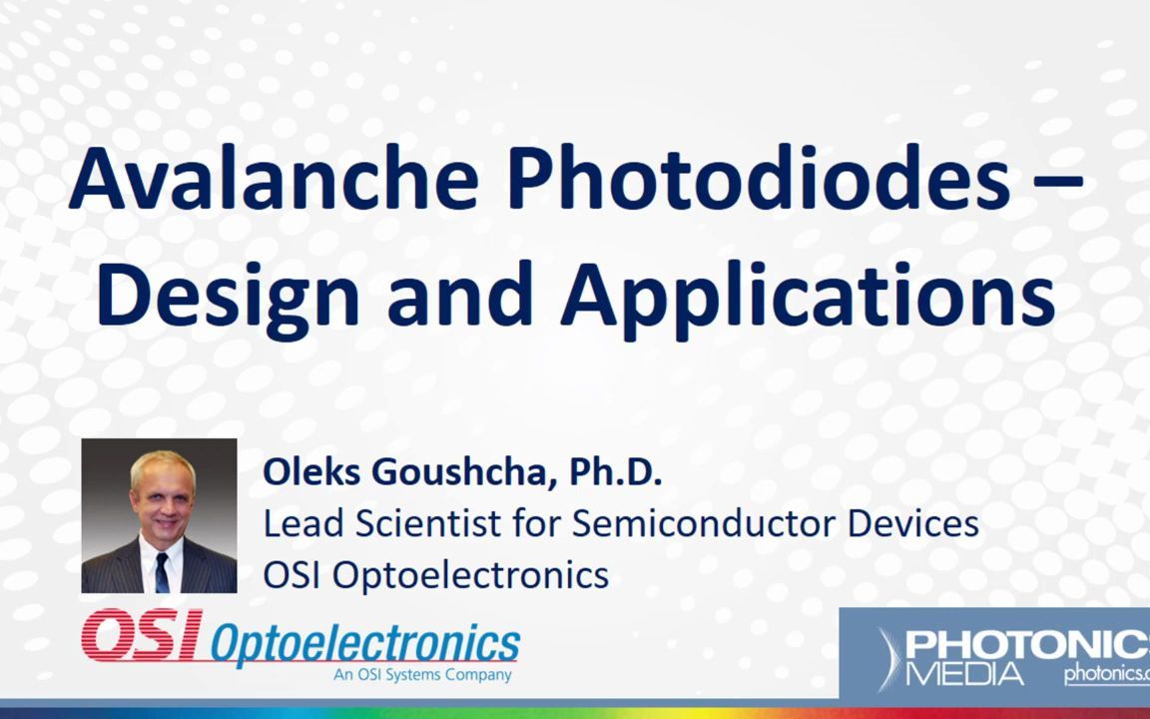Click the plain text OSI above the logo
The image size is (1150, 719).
(x=291, y=574)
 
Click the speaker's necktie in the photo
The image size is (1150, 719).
(x=162, y=572)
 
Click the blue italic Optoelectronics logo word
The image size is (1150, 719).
(x=365, y=644)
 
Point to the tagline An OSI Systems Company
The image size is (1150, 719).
(x=422, y=675)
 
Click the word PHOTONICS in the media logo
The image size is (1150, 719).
(x=1027, y=647)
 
